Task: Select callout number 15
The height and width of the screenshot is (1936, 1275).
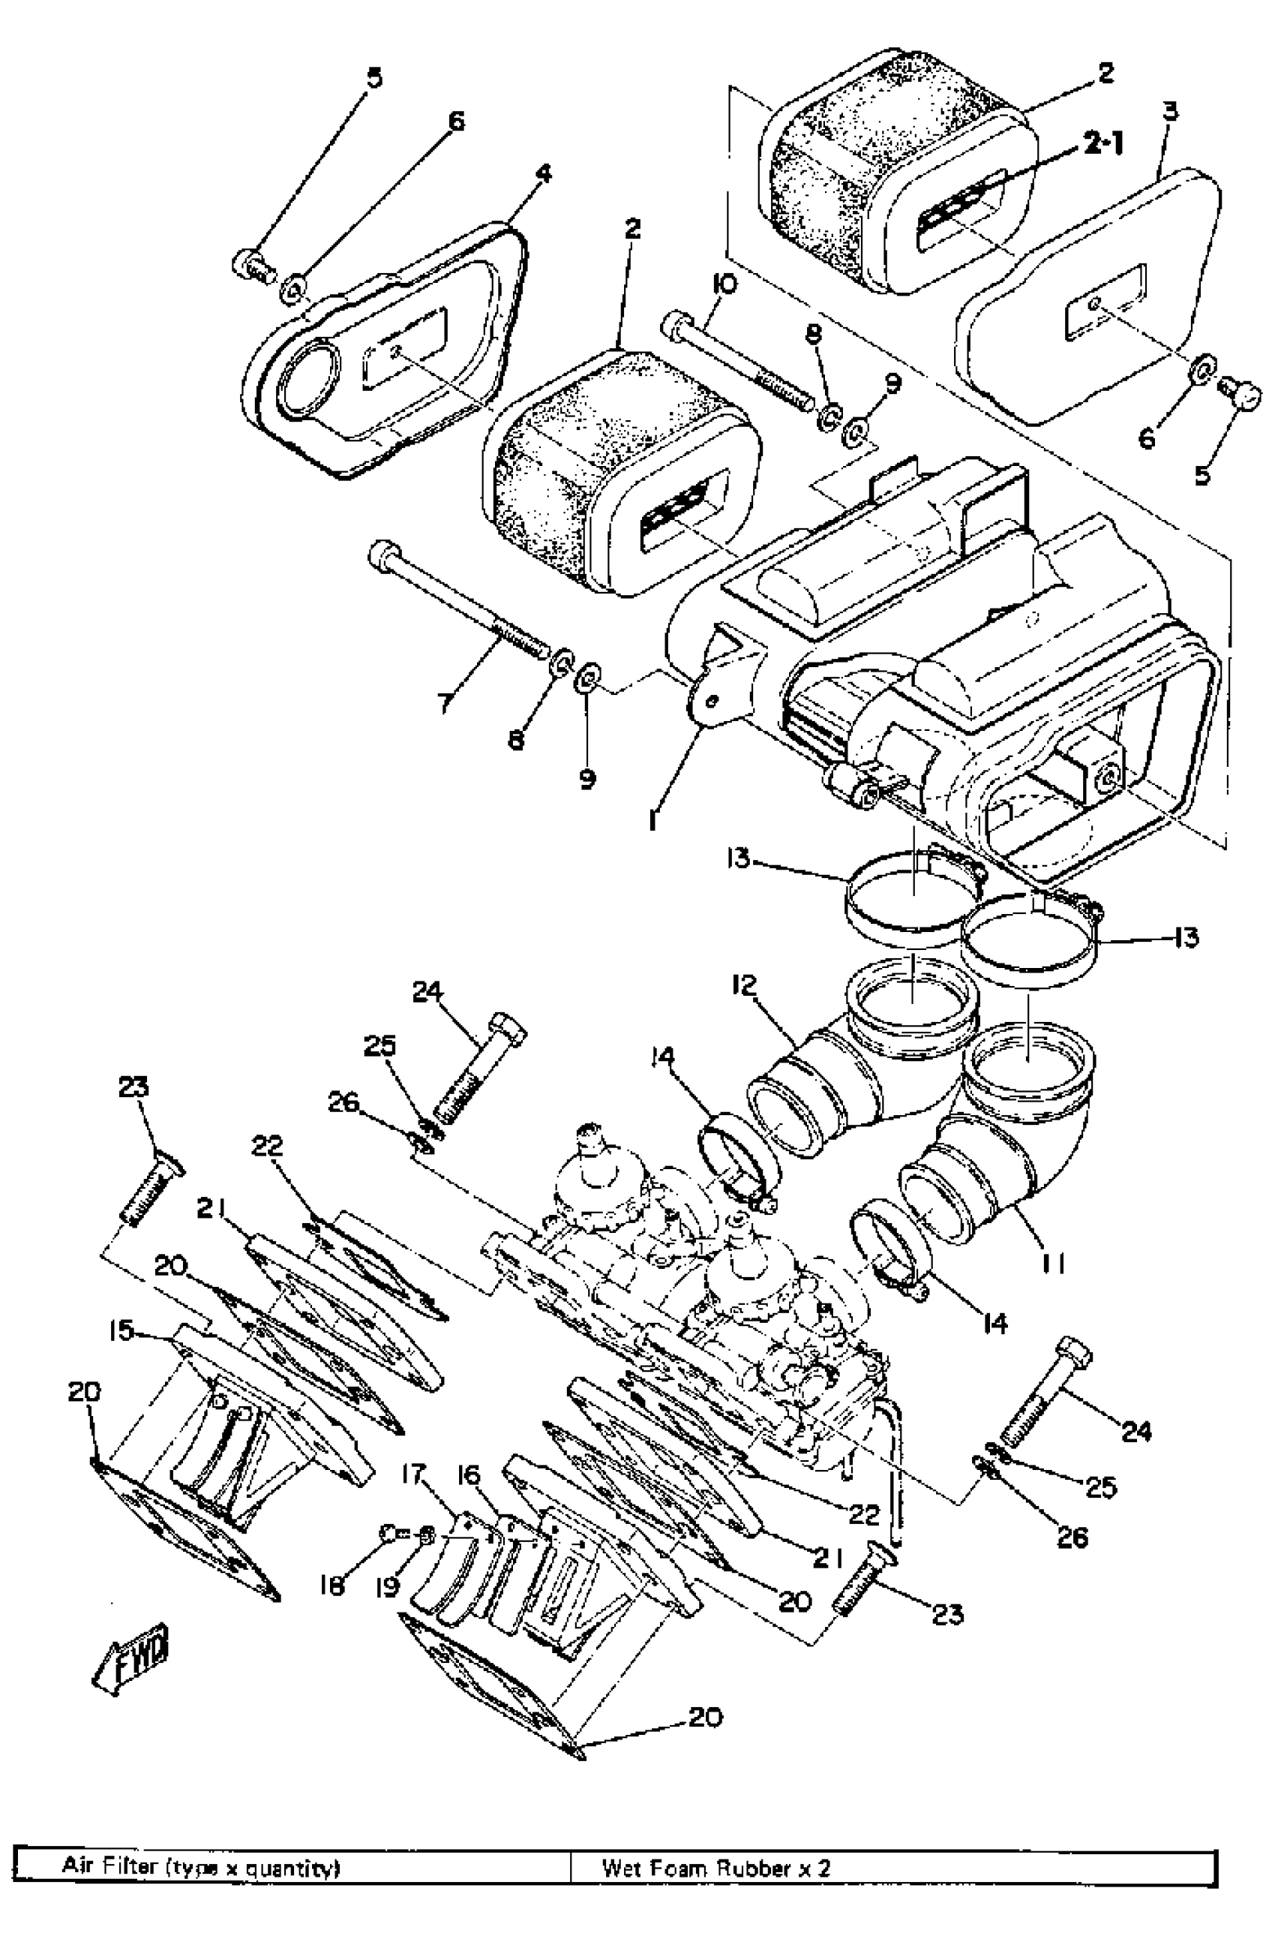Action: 122,1330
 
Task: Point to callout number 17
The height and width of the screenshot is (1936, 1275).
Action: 414,1472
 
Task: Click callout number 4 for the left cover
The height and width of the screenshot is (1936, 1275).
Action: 542,173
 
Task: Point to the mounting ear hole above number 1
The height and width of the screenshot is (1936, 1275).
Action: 712,700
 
